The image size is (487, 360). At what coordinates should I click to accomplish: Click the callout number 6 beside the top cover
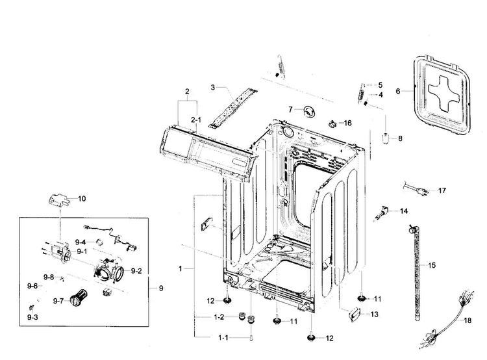tap(398, 92)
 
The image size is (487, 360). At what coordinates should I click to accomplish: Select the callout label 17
tap(442, 191)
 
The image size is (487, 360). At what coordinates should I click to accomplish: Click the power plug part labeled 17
tap(413, 190)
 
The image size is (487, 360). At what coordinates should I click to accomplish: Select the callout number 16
tap(347, 123)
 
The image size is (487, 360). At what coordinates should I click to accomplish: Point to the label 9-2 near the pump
tap(136, 270)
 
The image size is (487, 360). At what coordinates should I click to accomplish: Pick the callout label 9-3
tap(32, 317)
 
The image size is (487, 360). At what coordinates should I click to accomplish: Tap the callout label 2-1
tap(196, 120)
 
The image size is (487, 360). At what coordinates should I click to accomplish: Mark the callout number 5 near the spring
tap(381, 85)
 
